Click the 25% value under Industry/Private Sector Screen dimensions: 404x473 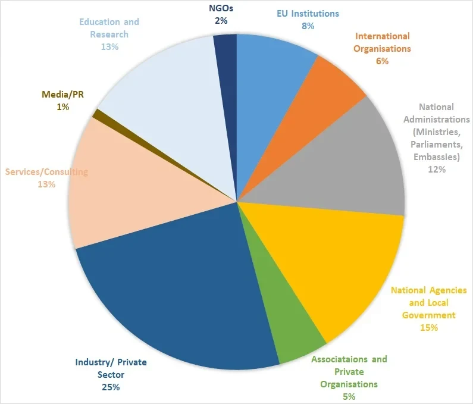[x=110, y=387]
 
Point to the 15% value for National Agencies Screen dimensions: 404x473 [x=428, y=327]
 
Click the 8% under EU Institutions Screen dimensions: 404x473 [x=308, y=26]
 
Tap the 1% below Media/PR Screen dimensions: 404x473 [x=63, y=107]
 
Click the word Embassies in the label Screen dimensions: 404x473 [x=437, y=157]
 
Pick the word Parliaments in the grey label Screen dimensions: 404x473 [x=439, y=145]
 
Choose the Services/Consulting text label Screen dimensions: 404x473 [x=46, y=172]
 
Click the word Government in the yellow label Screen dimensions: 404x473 [x=428, y=315]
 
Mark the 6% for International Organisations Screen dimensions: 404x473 [x=382, y=61]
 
